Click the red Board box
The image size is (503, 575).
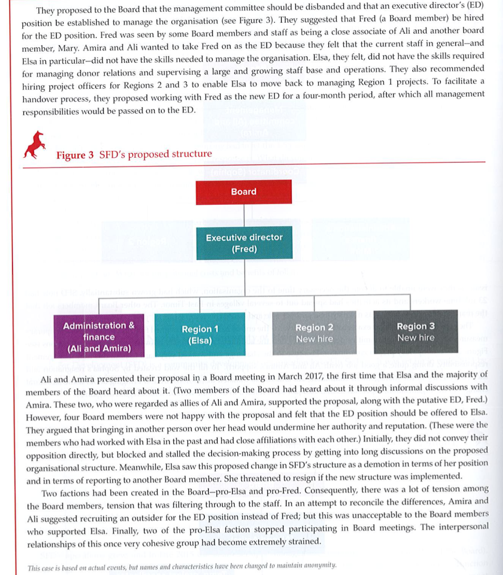click(x=244, y=191)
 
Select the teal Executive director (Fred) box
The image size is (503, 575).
click(x=244, y=243)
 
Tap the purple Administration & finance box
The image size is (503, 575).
click(x=99, y=337)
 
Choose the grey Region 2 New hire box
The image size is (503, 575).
click(x=314, y=333)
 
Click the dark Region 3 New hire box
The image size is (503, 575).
click(x=415, y=332)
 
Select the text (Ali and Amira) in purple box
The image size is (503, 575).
click(x=99, y=348)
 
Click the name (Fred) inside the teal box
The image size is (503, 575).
click(x=244, y=249)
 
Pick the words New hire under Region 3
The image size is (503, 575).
click(x=415, y=338)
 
